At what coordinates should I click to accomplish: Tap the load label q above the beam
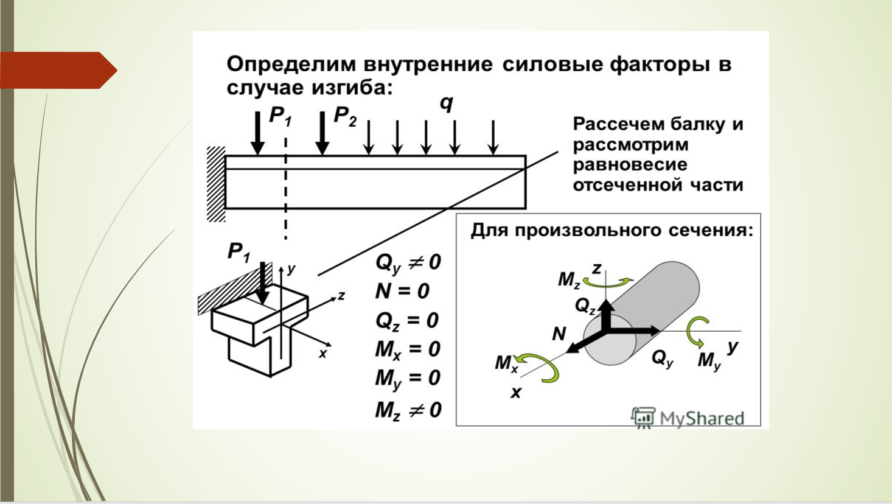click(x=447, y=104)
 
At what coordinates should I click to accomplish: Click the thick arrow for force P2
click(x=322, y=133)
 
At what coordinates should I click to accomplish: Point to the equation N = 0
click(x=402, y=291)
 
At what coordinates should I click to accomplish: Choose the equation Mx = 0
click(x=408, y=349)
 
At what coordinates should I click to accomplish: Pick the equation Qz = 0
click(x=406, y=321)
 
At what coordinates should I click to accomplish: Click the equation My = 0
click(x=408, y=379)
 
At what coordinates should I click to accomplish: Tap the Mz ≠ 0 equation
click(x=408, y=410)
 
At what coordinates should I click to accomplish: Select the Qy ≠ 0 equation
click(x=408, y=263)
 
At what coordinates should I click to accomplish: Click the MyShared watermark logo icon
click(x=643, y=417)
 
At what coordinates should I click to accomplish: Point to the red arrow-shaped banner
click(x=58, y=70)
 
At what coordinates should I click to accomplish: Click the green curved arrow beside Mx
click(x=541, y=367)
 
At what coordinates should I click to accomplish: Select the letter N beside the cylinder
click(x=559, y=334)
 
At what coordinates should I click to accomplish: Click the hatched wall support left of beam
click(x=216, y=184)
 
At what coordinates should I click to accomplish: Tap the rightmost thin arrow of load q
click(x=493, y=138)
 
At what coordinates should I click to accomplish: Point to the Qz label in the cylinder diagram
click(x=585, y=306)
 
